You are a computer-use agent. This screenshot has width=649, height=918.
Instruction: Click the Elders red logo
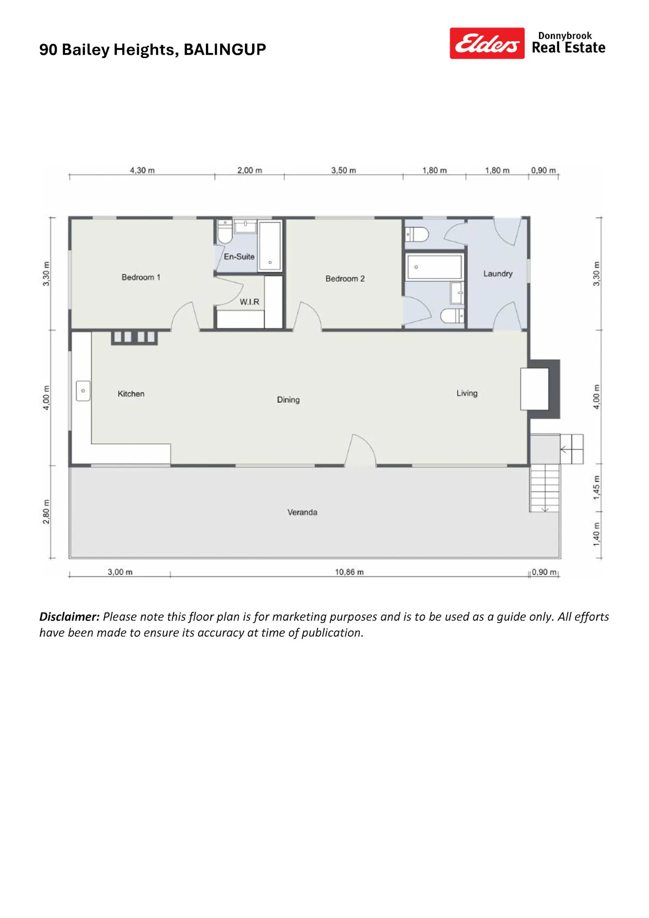point(487,43)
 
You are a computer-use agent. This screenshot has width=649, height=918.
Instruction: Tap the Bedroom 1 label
point(141,277)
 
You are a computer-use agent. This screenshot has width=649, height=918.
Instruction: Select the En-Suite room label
point(239,257)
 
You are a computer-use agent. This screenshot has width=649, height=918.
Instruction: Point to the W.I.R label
point(249,302)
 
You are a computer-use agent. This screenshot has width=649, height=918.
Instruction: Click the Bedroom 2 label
point(345,279)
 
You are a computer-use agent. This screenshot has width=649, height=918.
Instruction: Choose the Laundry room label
point(498,274)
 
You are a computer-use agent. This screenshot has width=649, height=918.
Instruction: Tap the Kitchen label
point(131,394)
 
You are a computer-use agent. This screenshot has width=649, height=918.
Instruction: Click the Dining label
point(288,400)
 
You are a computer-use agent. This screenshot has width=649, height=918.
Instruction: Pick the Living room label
point(467,393)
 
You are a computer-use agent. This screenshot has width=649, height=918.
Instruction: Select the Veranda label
point(302,512)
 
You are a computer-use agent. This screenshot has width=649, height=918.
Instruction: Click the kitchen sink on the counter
point(83,391)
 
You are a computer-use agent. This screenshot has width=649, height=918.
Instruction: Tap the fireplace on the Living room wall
point(540,389)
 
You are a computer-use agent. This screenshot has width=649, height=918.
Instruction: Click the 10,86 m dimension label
point(349,572)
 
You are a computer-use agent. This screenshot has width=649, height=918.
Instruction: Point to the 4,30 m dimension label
point(142,171)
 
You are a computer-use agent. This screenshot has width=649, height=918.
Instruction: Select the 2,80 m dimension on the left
point(46,512)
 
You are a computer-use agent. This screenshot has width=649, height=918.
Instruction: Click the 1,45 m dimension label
point(597,488)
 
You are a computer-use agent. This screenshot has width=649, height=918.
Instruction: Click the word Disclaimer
point(70,617)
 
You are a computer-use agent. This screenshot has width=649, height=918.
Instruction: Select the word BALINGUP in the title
point(225,50)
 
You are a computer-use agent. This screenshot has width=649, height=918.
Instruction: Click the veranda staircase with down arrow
point(545,488)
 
